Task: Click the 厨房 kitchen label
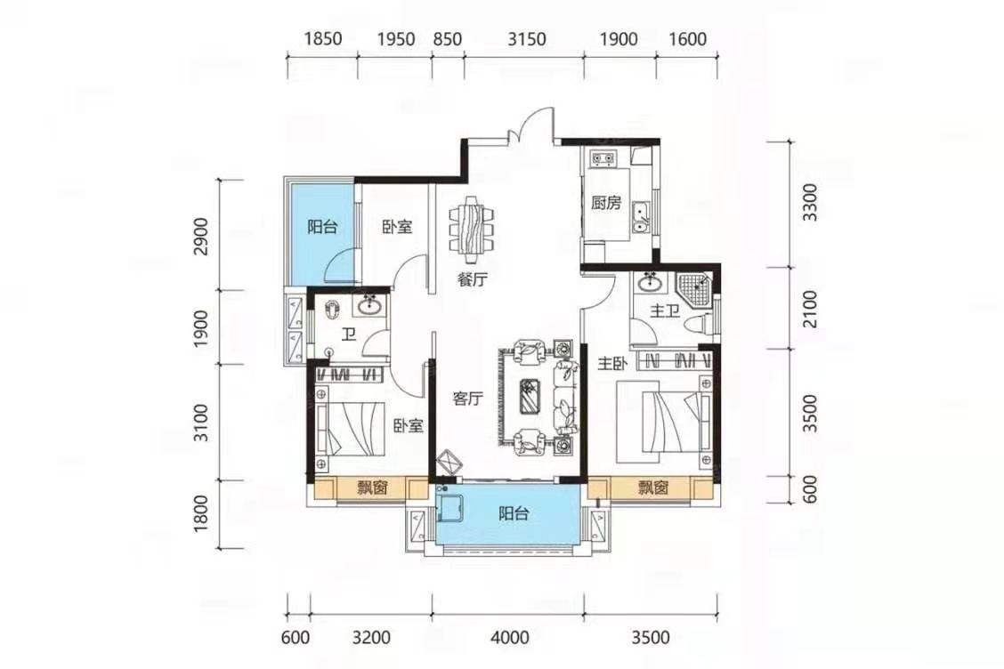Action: click(x=606, y=204)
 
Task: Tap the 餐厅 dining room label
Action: click(x=472, y=279)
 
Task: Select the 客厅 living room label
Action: click(x=467, y=399)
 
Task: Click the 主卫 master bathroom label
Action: click(x=664, y=311)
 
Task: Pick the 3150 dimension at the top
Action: click(x=526, y=39)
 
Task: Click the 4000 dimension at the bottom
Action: click(x=510, y=638)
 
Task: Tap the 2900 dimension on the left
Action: click(x=201, y=237)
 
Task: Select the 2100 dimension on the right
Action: click(x=810, y=310)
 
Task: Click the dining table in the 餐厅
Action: click(x=472, y=229)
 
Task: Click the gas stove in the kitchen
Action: click(x=603, y=158)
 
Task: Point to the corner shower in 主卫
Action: click(x=693, y=291)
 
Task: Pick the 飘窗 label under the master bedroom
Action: click(x=652, y=488)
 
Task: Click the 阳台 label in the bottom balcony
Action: click(x=514, y=513)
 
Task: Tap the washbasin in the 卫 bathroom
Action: click(x=371, y=306)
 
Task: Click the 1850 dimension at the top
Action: click(x=323, y=39)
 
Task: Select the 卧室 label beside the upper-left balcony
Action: click(x=397, y=227)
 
